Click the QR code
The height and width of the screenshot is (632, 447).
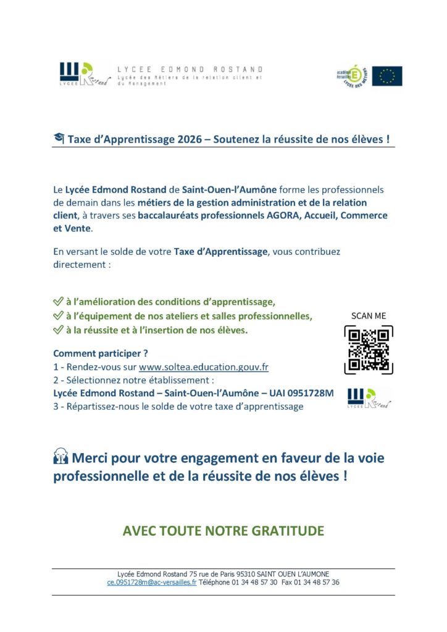coord(368,350)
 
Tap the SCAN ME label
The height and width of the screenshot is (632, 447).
coord(368,315)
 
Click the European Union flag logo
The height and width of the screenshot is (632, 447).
coord(387,76)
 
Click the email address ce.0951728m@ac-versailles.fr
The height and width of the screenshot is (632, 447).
coord(151,582)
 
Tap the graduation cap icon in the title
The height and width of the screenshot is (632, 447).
coord(59,139)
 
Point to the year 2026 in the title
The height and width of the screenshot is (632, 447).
coord(188,139)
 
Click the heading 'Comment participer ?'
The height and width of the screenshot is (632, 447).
coord(101,354)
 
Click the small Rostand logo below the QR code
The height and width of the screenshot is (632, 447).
coord(369,398)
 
